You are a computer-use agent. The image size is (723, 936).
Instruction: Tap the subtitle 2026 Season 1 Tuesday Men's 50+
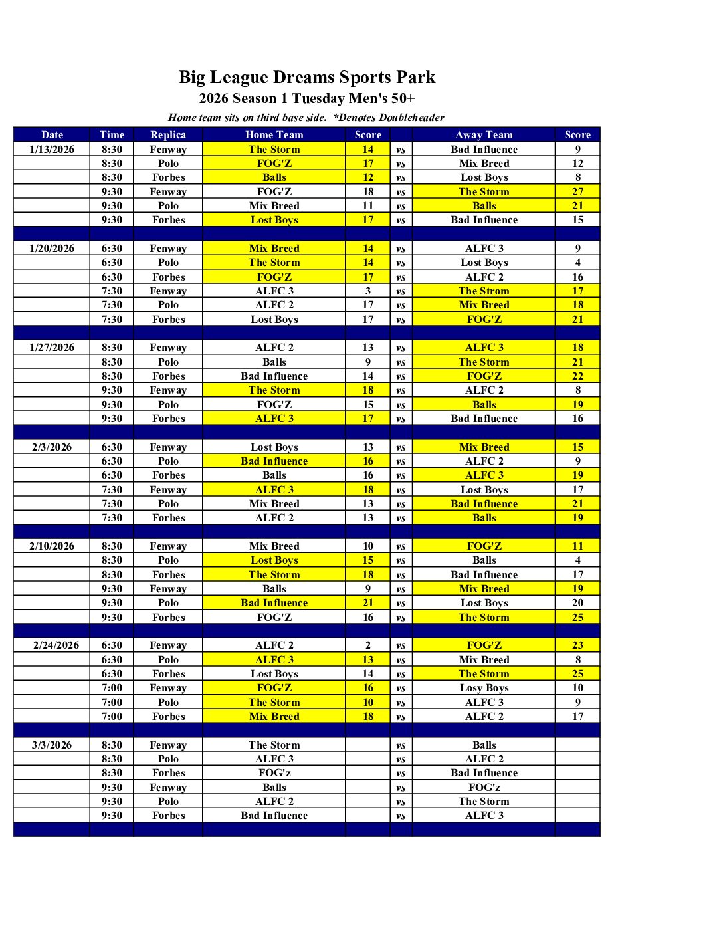coord(307,99)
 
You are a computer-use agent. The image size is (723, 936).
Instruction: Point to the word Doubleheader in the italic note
coord(411,118)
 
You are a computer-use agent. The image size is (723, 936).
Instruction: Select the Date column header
coord(52,135)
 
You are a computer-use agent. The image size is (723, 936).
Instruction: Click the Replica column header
coord(168,135)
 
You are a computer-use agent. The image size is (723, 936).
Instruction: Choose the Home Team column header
coord(274,135)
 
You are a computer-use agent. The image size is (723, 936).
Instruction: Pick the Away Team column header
coord(484,135)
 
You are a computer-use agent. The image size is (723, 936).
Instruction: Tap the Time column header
coord(112,135)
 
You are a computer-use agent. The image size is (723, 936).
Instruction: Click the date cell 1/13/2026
coord(52,150)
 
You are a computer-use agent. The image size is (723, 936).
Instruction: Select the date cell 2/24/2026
coord(56,645)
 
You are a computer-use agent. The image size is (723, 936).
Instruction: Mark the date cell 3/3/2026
coord(52,745)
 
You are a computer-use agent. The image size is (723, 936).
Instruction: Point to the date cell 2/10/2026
coord(52,546)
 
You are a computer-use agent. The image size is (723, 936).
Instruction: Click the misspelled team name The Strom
coord(484,291)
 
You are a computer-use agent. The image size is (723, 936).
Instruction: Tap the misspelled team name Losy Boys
coord(484,688)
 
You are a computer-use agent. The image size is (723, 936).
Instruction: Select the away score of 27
coord(577,192)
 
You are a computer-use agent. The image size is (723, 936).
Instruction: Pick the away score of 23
coord(577,645)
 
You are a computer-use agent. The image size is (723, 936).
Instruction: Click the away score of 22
coord(577,376)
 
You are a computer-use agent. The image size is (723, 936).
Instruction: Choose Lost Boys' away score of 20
coord(577,603)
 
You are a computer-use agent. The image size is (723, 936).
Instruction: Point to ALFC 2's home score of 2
coord(368,645)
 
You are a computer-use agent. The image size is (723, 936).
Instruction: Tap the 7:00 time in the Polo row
coord(112,703)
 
